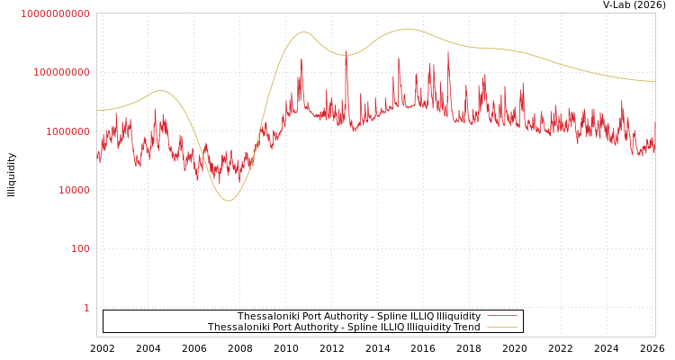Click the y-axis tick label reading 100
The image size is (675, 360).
point(80,248)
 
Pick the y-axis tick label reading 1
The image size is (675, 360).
point(86,308)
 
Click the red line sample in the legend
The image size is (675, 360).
point(501,316)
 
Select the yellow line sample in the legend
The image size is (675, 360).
point(501,327)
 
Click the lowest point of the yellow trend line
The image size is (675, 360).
point(228,201)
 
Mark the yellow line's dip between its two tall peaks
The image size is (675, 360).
point(346,55)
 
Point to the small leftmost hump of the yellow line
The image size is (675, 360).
point(160,90)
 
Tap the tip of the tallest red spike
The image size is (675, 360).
point(448,51)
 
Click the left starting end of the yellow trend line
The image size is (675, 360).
point(97,111)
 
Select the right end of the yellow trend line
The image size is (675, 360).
point(654,82)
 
